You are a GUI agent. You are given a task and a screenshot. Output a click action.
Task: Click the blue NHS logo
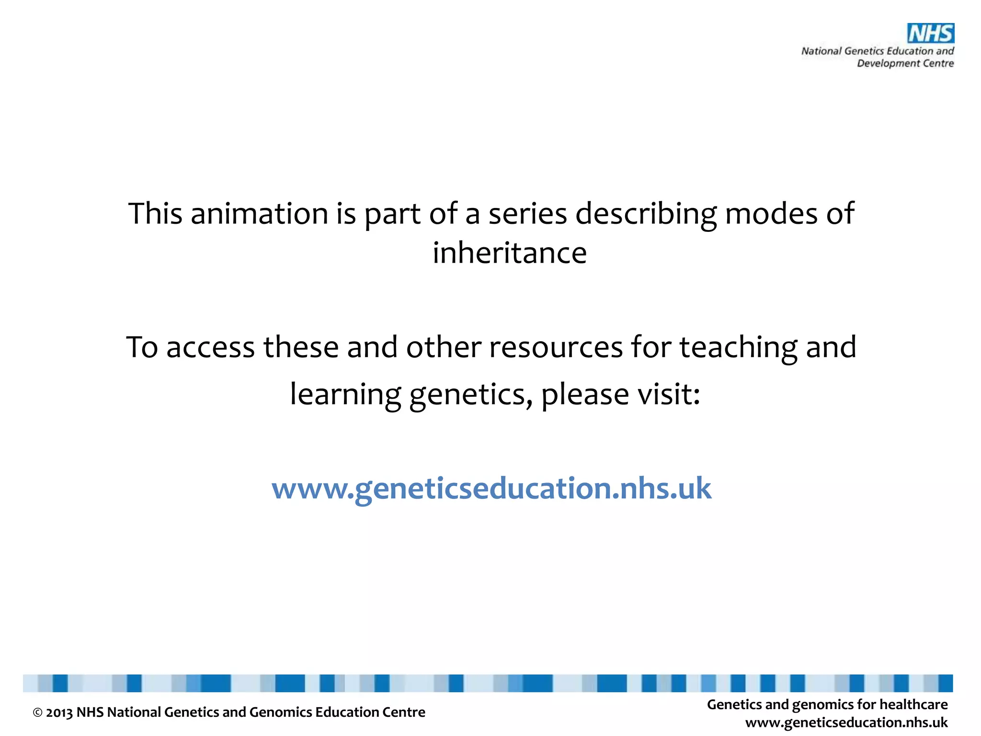[x=930, y=34]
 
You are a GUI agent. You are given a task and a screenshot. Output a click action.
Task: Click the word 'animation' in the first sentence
[x=259, y=214]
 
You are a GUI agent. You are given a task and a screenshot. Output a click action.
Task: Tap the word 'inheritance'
[x=510, y=253]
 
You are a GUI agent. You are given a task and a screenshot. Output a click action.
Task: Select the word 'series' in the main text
[x=527, y=214]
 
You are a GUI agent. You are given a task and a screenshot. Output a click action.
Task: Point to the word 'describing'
[x=646, y=214]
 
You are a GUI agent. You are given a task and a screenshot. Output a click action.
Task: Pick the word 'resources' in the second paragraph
[x=556, y=347]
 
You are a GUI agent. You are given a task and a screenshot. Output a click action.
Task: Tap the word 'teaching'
[x=738, y=348]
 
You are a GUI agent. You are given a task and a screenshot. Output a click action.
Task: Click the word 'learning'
[x=345, y=395]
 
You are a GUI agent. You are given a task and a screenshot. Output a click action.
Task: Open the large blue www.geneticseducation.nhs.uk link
[x=491, y=489]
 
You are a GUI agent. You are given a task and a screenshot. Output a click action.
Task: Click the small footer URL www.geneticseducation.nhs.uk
[x=846, y=723]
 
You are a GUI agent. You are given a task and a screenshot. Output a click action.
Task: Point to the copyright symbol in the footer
[x=37, y=713]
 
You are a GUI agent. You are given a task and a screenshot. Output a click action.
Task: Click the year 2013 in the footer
[x=59, y=713]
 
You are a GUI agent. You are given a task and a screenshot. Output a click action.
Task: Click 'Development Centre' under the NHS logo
[x=905, y=63]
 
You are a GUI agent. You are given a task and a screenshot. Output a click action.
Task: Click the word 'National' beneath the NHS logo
[x=821, y=51]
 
